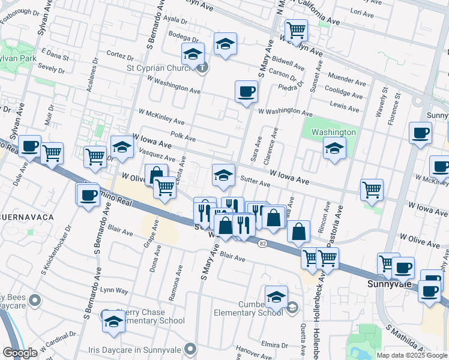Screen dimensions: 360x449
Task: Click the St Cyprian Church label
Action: pyautogui.click(x=158, y=67)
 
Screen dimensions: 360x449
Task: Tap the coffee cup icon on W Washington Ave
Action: pyautogui.click(x=246, y=92)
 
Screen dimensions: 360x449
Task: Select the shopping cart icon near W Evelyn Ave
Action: pyautogui.click(x=296, y=30)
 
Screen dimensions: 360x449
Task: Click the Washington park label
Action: pyautogui.click(x=334, y=132)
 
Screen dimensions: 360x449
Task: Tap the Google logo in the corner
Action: pyautogui.click(x=20, y=353)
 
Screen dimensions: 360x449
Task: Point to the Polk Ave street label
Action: pyautogui.click(x=183, y=137)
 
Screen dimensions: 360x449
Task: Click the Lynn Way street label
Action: pyautogui.click(x=114, y=290)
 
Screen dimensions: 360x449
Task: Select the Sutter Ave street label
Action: pyautogui.click(x=252, y=179)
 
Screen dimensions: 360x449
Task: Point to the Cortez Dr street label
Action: pyautogui.click(x=119, y=58)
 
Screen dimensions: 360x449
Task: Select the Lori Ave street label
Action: pyautogui.click(x=362, y=12)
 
